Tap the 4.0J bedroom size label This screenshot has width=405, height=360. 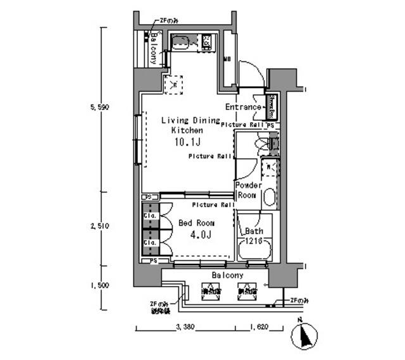(x=200, y=235)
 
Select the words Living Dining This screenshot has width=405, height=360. (x=190, y=120)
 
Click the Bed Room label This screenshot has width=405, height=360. (x=196, y=223)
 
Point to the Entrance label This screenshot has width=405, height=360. (x=243, y=107)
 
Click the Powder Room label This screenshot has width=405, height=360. (x=248, y=190)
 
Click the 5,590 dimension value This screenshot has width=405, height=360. (x=100, y=108)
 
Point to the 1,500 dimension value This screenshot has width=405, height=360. (x=100, y=285)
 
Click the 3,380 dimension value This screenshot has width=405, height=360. (x=184, y=328)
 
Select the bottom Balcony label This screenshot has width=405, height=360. (x=227, y=276)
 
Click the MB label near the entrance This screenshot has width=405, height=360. (x=228, y=60)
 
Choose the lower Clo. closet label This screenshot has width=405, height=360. (x=150, y=242)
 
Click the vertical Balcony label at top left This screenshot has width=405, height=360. (x=153, y=48)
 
